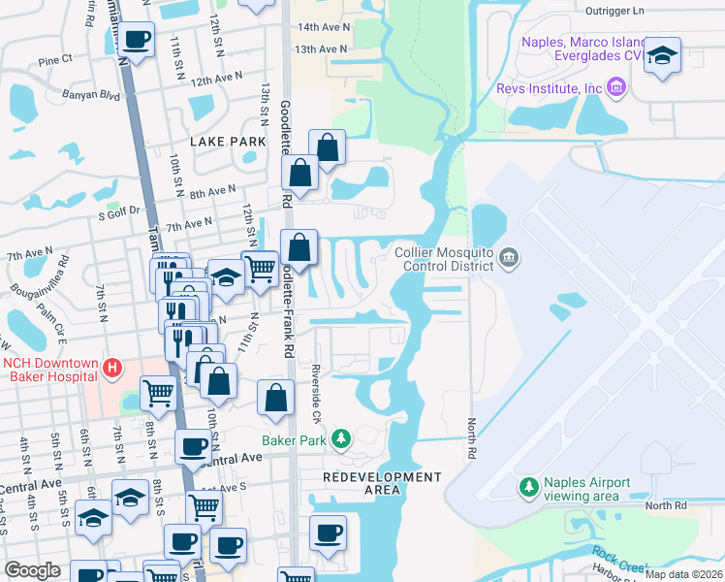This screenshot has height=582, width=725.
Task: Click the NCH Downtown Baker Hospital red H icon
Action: pyautogui.click(x=112, y=369)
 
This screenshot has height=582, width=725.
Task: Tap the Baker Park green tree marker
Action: pyautogui.click(x=340, y=439)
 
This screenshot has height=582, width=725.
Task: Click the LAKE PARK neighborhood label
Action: pyautogui.click(x=228, y=142)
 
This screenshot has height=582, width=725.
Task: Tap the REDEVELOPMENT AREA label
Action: pyautogui.click(x=382, y=483)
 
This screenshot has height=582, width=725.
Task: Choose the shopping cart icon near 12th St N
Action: pyautogui.click(x=260, y=268)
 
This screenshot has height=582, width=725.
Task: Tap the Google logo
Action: pyautogui.click(x=32, y=570)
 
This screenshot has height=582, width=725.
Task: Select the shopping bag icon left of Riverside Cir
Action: pyautogui.click(x=276, y=397)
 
